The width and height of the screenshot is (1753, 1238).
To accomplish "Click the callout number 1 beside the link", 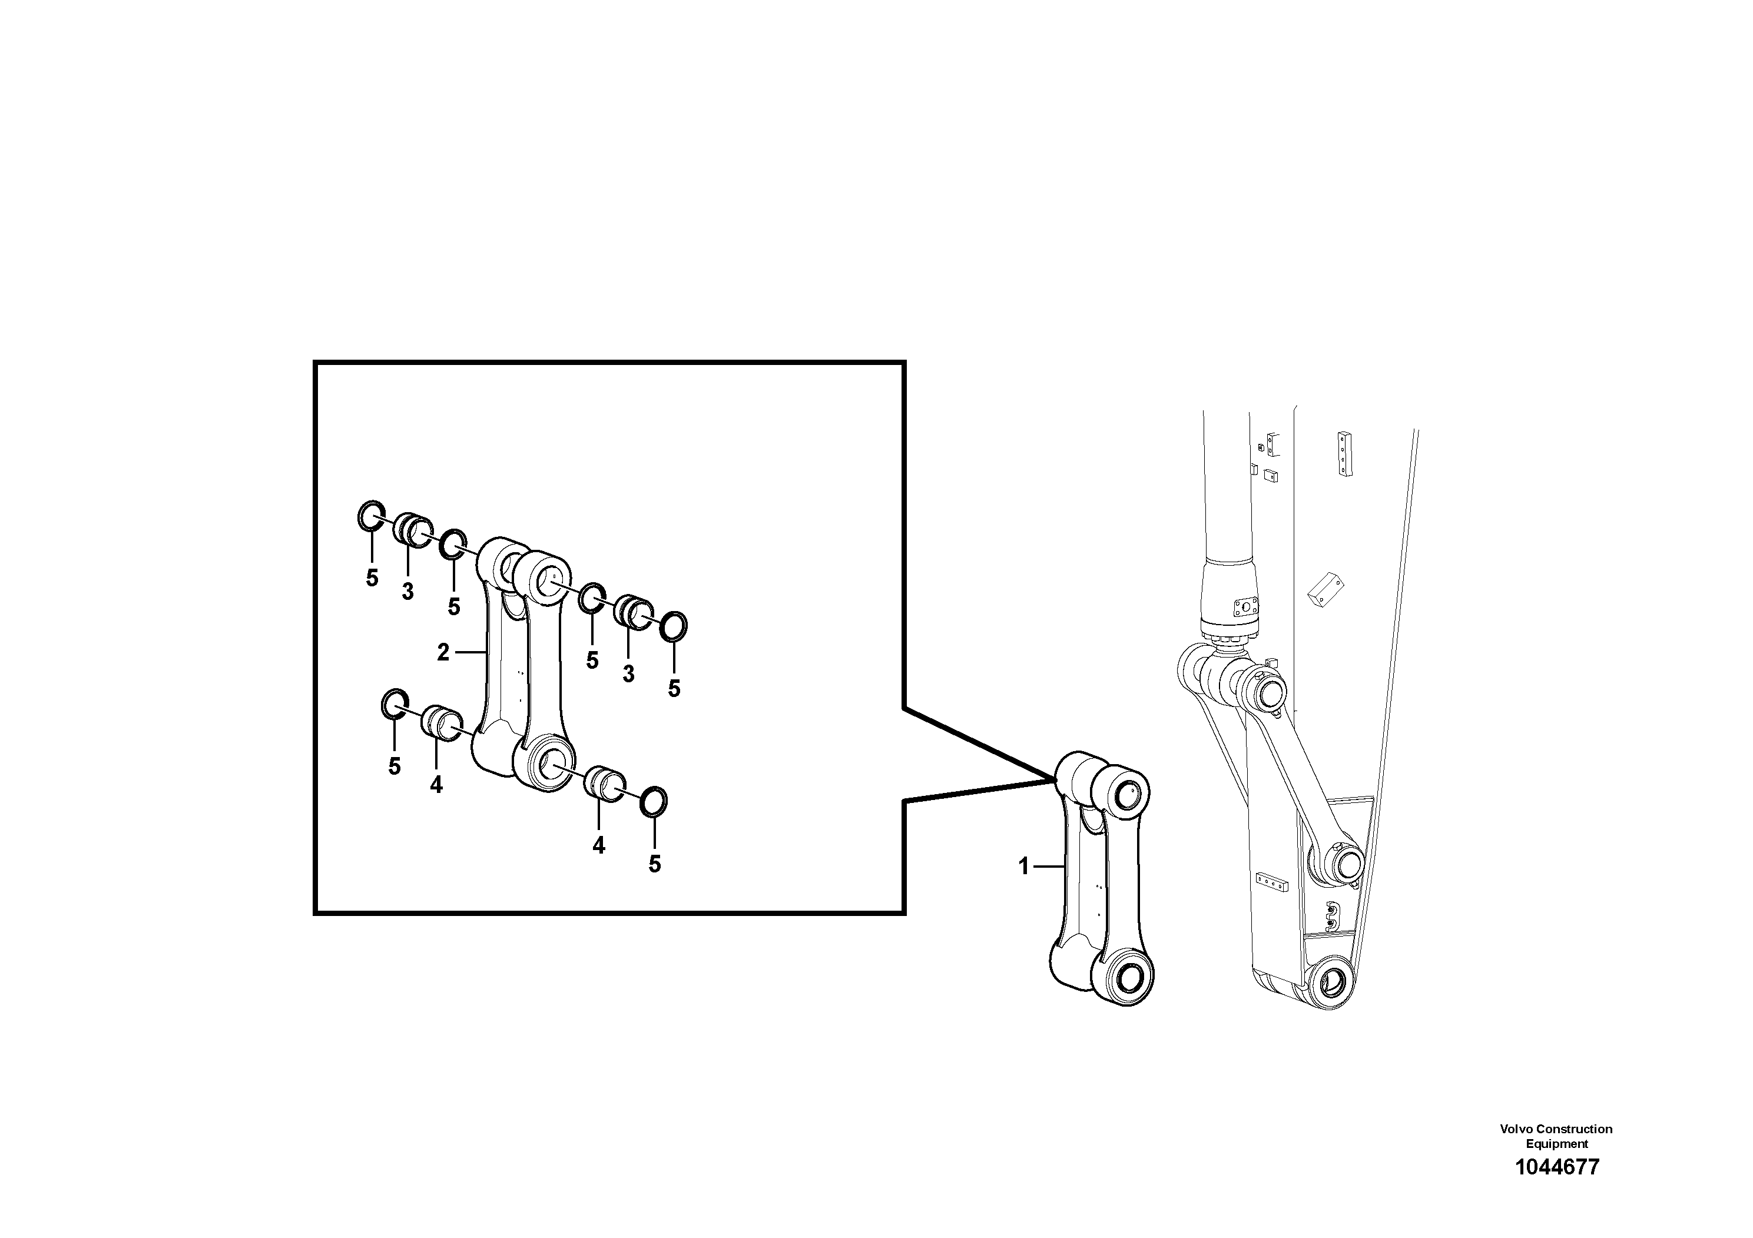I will pyautogui.click(x=1025, y=867).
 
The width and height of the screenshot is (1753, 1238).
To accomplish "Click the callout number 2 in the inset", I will pyautogui.click(x=443, y=653).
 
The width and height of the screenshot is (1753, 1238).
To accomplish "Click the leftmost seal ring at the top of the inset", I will pyautogui.click(x=372, y=517).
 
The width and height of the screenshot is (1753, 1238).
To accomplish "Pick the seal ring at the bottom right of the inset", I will pyautogui.click(x=654, y=801).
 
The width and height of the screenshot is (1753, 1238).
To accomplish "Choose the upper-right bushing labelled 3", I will pyautogui.click(x=633, y=610).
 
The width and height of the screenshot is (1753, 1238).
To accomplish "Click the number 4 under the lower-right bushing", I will pyautogui.click(x=599, y=845).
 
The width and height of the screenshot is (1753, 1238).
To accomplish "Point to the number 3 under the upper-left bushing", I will pyautogui.click(x=407, y=591).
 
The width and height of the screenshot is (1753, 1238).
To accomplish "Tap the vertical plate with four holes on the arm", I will pyautogui.click(x=1344, y=455).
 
